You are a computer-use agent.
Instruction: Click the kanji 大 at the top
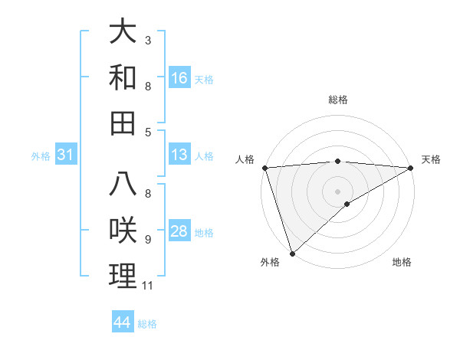[x=123, y=34]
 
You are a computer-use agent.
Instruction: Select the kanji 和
[x=123, y=77]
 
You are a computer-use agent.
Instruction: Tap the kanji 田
[x=123, y=122]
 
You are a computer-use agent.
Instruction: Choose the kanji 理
[x=123, y=275]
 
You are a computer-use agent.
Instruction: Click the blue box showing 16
[x=179, y=77]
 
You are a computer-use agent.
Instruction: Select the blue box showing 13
[x=179, y=155]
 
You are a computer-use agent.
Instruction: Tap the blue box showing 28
[x=179, y=231]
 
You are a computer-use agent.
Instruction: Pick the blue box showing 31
[x=65, y=155]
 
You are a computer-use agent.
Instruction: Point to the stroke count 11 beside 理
[x=147, y=286]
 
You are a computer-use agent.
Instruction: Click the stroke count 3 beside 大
[x=147, y=39]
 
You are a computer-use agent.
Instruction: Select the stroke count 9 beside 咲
[x=147, y=240]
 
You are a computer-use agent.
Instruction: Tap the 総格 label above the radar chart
[x=338, y=100]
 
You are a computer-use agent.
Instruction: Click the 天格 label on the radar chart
[x=432, y=159]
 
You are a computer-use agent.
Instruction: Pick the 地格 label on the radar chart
[x=402, y=262]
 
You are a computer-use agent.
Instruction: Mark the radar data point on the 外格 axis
[x=292, y=253]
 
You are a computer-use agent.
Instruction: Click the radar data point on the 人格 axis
[x=264, y=167]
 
